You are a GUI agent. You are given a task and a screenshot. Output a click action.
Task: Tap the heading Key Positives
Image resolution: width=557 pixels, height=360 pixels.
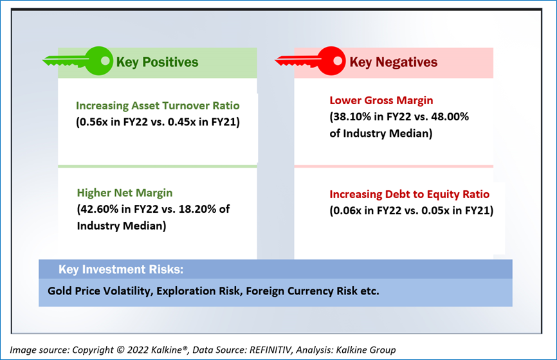point(158,62)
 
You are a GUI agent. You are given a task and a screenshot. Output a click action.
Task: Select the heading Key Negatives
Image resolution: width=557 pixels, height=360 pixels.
point(393,62)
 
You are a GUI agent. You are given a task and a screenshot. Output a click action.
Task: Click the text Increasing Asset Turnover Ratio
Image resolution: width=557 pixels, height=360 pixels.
point(158,106)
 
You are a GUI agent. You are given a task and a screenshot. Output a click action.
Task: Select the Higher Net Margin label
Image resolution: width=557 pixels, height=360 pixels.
point(125,193)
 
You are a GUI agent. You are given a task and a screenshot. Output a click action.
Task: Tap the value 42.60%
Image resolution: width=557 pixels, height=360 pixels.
point(99,209)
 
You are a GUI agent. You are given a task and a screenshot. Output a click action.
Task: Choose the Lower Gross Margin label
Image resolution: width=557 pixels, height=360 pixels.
point(381,100)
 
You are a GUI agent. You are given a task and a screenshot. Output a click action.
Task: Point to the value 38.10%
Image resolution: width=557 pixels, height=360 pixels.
point(352,117)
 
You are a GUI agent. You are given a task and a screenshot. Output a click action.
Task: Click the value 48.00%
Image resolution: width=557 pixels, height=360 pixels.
point(450,117)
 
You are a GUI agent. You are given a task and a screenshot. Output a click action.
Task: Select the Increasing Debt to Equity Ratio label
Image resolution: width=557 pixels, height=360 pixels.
point(409,195)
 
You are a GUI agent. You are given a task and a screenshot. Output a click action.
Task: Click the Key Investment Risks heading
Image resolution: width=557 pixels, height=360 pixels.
point(121,269)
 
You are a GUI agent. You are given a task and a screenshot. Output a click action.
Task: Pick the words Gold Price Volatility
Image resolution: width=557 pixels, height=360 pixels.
point(100,291)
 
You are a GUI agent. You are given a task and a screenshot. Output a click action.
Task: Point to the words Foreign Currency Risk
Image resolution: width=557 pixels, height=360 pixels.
point(302,291)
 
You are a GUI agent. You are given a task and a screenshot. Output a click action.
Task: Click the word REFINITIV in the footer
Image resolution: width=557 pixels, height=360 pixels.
point(270,350)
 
